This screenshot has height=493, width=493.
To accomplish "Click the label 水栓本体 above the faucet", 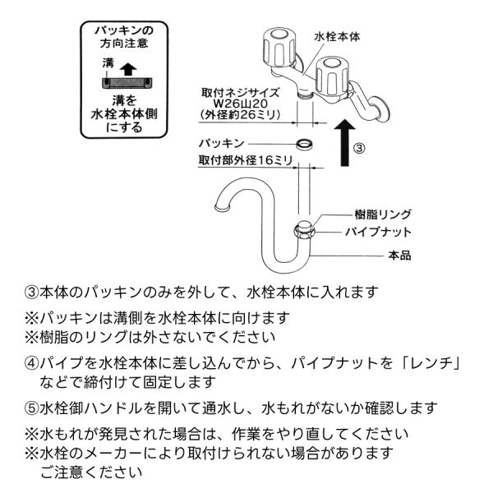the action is tap(337, 37).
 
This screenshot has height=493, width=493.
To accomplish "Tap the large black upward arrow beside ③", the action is tap(344, 143).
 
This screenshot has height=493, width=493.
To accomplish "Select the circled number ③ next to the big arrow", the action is tap(359, 148).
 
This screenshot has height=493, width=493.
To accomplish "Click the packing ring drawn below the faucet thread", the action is tap(304, 144).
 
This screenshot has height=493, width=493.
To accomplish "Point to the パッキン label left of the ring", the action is tap(222, 143).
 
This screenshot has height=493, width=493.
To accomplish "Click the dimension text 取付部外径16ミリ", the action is tap(246, 160).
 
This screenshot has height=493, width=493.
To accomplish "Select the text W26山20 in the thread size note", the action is tap(241, 104).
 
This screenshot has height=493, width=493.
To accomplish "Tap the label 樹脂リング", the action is tap(383, 214).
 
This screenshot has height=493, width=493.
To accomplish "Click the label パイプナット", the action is tap(378, 232).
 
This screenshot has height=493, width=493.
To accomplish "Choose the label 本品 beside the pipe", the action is tap(399, 255).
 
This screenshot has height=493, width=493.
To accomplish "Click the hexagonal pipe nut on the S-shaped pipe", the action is tap(304, 232).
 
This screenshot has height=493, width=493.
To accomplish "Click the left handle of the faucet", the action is tap(279, 48).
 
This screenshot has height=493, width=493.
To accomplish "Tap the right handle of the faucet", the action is tap(332, 76).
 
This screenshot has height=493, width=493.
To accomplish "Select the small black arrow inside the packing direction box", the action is tap(128, 69).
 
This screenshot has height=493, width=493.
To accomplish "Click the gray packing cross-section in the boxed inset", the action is tap(127, 83).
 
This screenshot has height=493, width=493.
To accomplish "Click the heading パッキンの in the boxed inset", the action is tap(124, 30).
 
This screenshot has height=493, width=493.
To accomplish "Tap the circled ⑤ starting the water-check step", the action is tap(31, 408).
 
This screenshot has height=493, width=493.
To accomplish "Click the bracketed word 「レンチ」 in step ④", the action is tap(431, 363).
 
